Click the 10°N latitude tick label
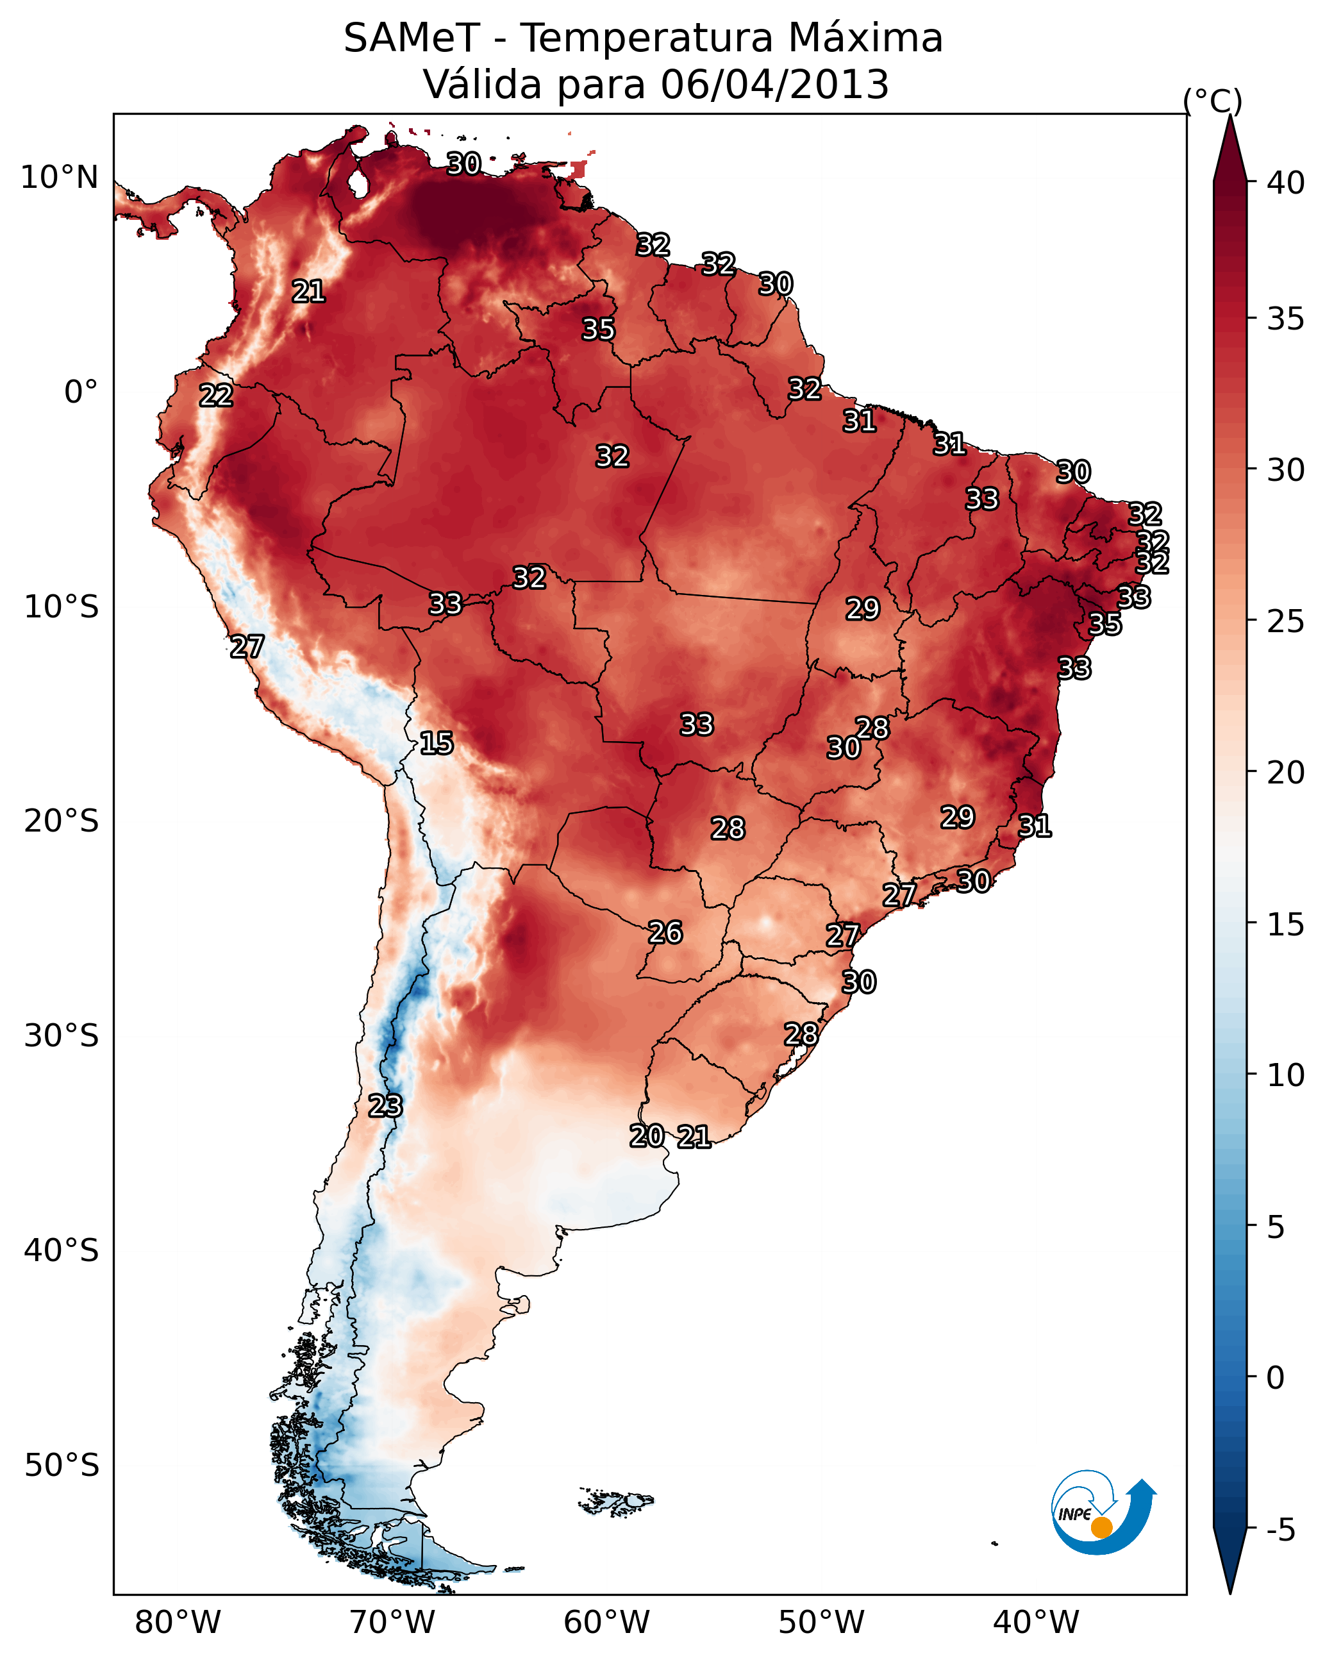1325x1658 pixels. pos(59,178)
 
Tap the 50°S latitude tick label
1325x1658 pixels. pos(62,1466)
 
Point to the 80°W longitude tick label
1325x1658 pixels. pos(178,1622)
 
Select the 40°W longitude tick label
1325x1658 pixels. pos(1036,1622)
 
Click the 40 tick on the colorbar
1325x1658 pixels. pos(1285,183)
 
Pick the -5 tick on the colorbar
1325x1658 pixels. pos(1280,1530)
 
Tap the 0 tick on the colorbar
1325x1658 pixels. pos(1275,1378)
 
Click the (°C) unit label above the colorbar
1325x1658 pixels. pos(1212,101)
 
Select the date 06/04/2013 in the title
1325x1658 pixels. pos(774,84)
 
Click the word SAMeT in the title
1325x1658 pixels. pos(412,38)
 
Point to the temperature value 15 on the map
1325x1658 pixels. pos(436,743)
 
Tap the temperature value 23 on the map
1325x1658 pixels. pos(385,1106)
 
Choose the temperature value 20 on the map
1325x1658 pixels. pos(646,1136)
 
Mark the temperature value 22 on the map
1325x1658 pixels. pos(216,396)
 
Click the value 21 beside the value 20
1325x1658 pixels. pos(694,1137)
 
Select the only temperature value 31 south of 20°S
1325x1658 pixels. pos(1035,826)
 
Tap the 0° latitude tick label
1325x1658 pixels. pos(81,392)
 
